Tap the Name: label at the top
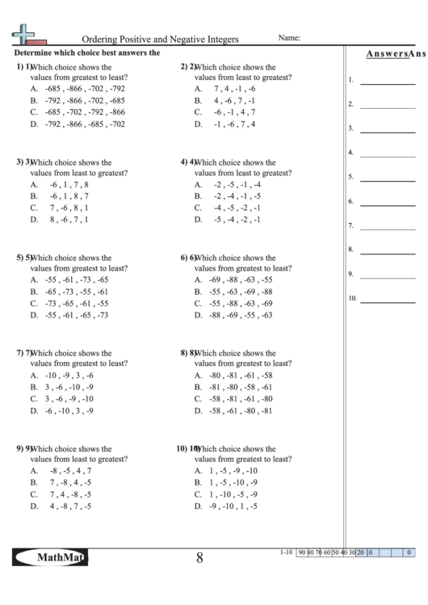click(x=289, y=37)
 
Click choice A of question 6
click(x=234, y=279)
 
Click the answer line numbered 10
click(x=387, y=301)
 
